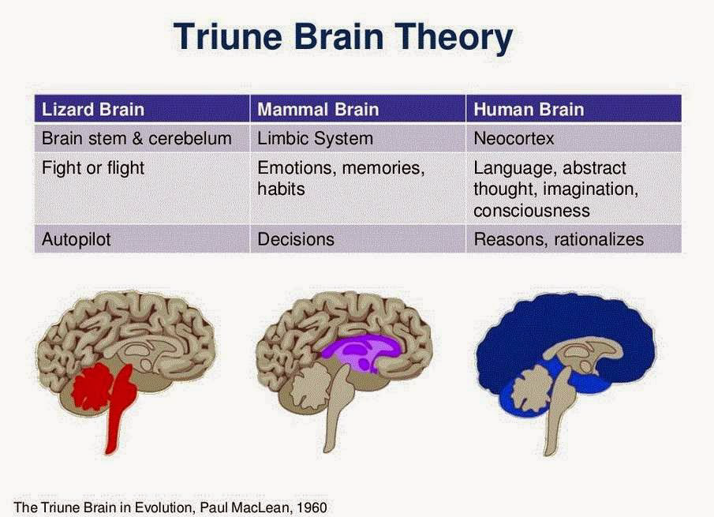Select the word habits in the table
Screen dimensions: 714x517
pos(281,189)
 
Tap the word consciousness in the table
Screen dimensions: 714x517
pos(532,211)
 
